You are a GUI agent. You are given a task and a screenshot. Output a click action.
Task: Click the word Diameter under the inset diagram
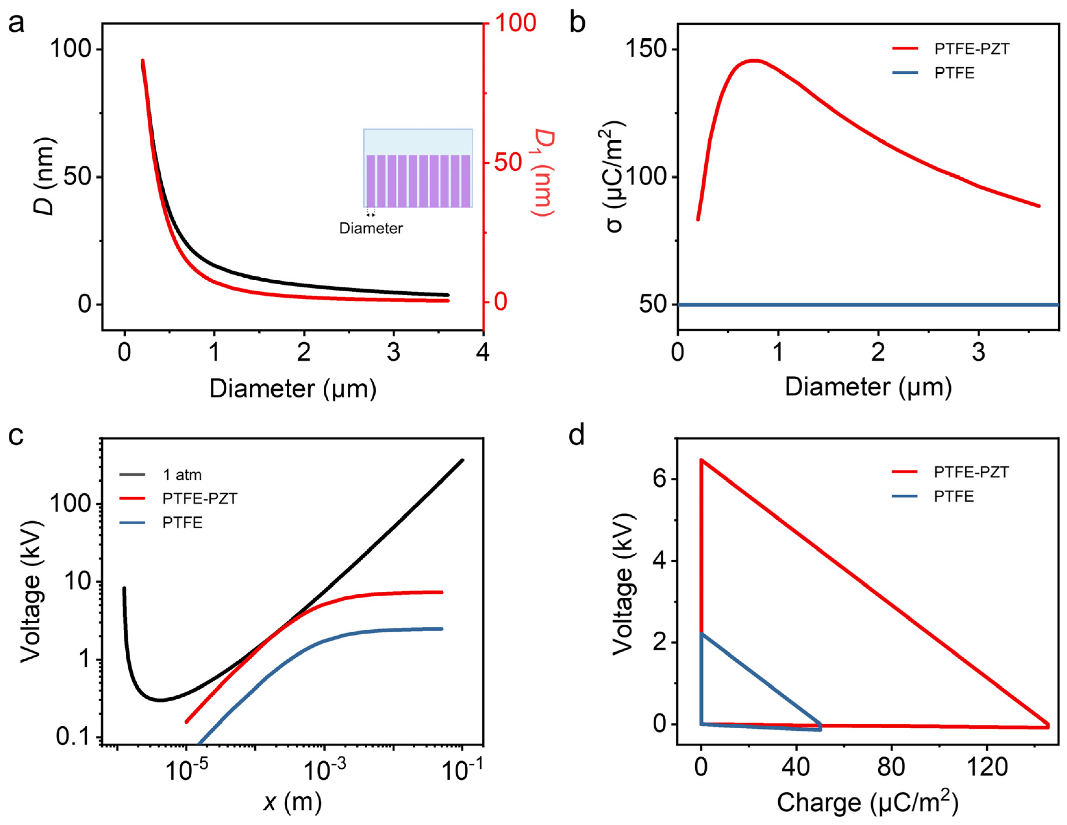tap(371, 228)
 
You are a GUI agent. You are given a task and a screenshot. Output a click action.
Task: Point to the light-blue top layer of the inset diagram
tap(418, 142)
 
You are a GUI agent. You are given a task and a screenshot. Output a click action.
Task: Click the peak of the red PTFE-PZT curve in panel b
tap(755, 61)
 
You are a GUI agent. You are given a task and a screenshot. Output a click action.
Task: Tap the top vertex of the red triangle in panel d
tap(702, 460)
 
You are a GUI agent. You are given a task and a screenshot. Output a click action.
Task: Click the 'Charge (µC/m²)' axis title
tap(868, 802)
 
